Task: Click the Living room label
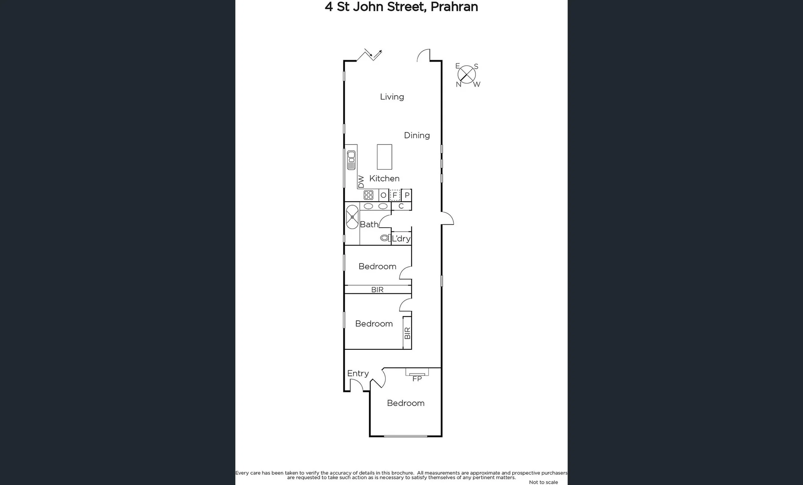[392, 97]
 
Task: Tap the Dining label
[417, 135]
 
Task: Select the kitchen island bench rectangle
[384, 157]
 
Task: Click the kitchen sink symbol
[351, 160]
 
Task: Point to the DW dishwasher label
[361, 181]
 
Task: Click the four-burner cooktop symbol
[368, 195]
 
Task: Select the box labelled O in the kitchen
[383, 195]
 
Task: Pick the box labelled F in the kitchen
[395, 195]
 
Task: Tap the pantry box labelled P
[407, 195]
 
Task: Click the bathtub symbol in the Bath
[352, 217]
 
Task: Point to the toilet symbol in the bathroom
[385, 238]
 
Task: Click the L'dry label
[401, 238]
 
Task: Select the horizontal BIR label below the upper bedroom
[377, 290]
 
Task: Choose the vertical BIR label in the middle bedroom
[407, 333]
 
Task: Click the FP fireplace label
[417, 379]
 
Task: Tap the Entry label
[358, 373]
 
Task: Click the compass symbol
[467, 75]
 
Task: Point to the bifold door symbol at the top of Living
[370, 54]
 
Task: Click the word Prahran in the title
[454, 7]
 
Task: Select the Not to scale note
[543, 482]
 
